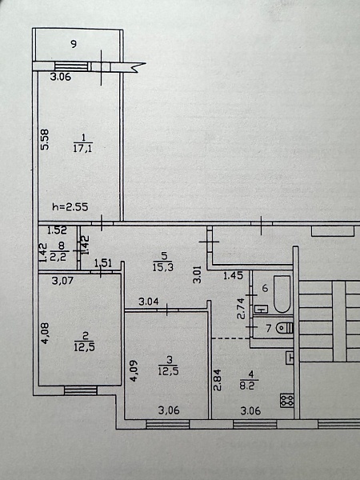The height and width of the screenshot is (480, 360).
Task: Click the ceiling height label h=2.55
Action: (70, 207)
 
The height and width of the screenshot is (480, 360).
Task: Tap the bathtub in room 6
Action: (282, 294)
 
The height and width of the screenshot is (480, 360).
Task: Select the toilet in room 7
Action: (285, 328)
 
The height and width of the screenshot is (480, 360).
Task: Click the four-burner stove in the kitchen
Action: (287, 401)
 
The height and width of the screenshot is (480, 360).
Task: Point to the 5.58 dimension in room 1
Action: (45, 139)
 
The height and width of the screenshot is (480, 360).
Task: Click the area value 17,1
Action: (83, 149)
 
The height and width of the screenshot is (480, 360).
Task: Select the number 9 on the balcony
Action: (74, 44)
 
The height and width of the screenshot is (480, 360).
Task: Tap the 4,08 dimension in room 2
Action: (46, 334)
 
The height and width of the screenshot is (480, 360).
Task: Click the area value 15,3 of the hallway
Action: (163, 267)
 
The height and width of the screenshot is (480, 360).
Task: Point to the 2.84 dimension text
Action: (218, 380)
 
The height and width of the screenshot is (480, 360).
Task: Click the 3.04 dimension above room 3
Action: (149, 302)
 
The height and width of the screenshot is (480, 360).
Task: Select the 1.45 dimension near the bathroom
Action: (233, 275)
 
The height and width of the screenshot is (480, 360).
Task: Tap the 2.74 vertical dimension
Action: (242, 309)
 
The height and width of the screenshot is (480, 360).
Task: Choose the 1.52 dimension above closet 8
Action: (57, 230)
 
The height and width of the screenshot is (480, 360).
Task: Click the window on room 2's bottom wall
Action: (81, 390)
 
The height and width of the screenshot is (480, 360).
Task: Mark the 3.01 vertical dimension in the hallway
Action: (198, 274)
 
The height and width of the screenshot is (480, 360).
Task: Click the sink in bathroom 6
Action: (261, 309)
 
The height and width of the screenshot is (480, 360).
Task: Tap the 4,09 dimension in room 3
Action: (134, 370)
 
